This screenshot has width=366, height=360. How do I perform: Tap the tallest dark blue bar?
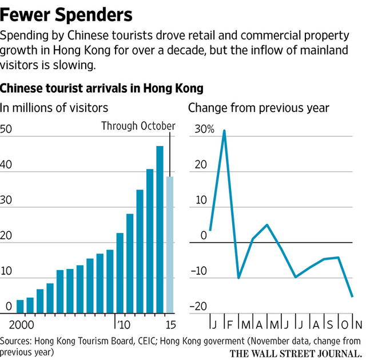[160, 229]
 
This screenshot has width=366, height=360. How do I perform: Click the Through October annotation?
[138, 126]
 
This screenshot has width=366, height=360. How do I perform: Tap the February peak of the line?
[224, 130]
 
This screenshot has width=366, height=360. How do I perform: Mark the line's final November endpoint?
[352, 296]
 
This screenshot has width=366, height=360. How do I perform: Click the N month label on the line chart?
[359, 325]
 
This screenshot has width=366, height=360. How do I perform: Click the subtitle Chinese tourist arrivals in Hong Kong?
[102, 89]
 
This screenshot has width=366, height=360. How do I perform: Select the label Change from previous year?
[258, 108]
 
